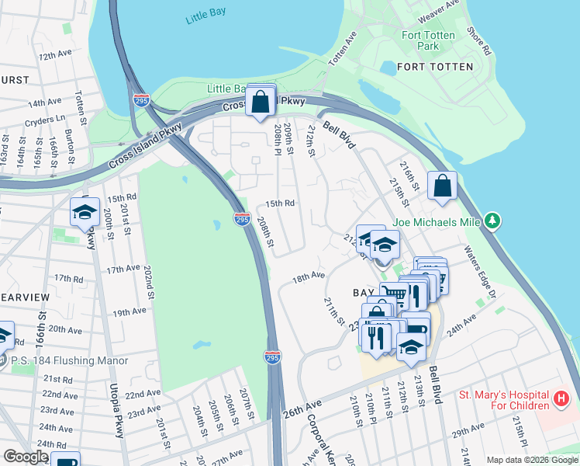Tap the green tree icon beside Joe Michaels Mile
(x=492, y=222)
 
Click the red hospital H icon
(x=562, y=399)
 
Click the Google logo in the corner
(x=26, y=456)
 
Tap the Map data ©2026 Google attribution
(x=531, y=460)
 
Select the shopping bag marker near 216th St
(x=442, y=186)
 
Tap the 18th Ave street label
(x=308, y=276)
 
